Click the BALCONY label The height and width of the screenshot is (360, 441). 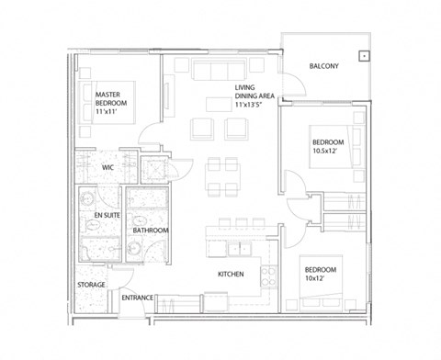coord(325,65)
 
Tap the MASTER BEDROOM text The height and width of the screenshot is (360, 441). coord(114,98)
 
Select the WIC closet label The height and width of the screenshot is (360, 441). coord(107,167)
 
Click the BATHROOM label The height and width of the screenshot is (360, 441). coord(150,230)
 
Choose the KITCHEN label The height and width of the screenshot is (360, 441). coord(229,275)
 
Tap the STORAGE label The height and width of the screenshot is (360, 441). coord(92,286)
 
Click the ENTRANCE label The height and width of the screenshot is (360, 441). coord(137,297)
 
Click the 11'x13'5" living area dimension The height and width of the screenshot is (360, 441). coord(254,106)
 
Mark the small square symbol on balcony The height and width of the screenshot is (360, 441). coord(364,55)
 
